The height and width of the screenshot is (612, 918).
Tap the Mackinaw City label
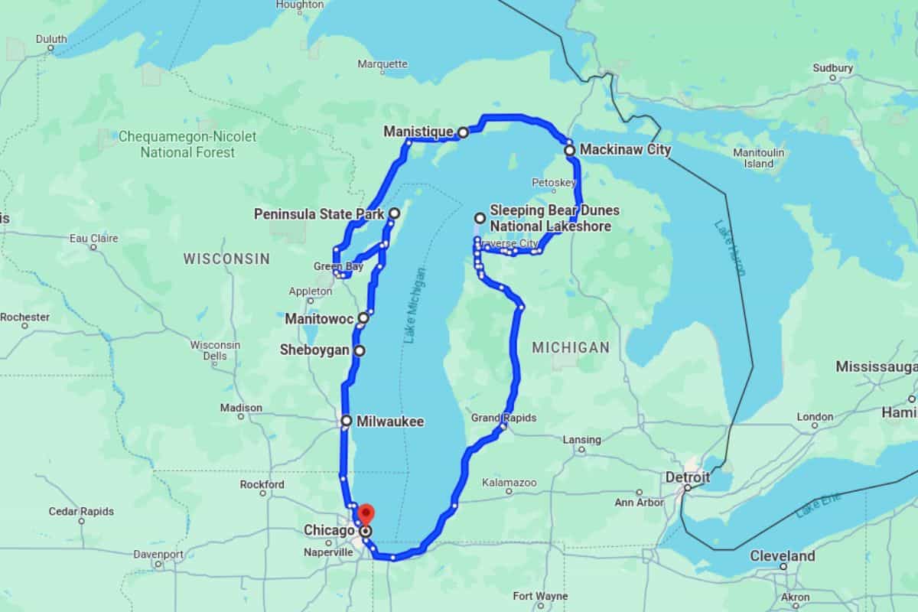coord(625,150)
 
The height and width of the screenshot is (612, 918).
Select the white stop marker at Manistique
coord(463,132)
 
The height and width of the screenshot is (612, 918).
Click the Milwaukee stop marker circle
coord(346,421)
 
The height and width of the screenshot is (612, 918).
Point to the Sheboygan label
coord(314,350)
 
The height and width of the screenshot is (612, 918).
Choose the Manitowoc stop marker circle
coord(363,317)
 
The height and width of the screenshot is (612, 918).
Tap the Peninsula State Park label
coord(319,215)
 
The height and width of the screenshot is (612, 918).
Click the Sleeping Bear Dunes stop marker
coord(480,218)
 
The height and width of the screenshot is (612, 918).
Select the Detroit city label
coord(687,477)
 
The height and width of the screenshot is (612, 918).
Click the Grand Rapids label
coord(503,418)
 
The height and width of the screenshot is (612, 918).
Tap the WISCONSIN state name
coord(226,259)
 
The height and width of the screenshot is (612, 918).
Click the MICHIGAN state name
coord(571,347)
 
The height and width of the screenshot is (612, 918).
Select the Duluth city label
coord(51,39)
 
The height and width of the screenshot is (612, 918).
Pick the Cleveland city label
coord(783,555)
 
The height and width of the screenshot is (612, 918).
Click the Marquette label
coord(382,63)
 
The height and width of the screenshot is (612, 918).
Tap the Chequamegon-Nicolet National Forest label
coord(187,145)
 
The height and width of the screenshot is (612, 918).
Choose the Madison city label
coord(241,408)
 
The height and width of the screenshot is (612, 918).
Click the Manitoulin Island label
coord(759,158)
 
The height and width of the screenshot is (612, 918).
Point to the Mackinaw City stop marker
coord(570,151)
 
